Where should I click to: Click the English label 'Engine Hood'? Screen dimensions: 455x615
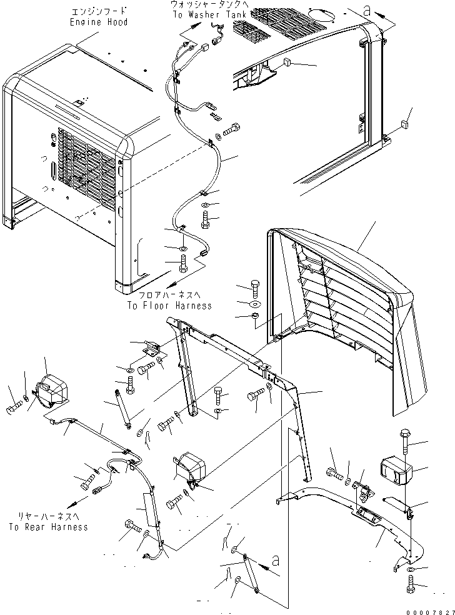click(x=99, y=22)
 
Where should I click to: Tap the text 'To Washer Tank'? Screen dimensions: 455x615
click(x=210, y=15)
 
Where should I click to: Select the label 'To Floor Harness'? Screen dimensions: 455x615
click(x=169, y=306)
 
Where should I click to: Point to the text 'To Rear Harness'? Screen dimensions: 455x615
click(x=49, y=527)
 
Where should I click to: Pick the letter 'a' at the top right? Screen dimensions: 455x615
click(x=367, y=11)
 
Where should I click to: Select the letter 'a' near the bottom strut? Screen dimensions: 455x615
click(x=276, y=561)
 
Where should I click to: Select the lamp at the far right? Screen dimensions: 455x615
click(x=396, y=472)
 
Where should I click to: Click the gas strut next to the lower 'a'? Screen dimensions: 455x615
click(x=250, y=573)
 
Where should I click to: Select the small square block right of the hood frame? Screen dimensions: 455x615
click(x=404, y=125)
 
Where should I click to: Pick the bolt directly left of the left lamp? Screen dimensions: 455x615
click(x=13, y=407)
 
